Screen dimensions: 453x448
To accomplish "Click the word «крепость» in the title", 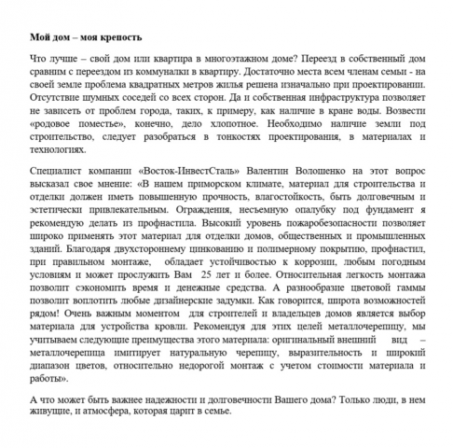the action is point(121,38).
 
